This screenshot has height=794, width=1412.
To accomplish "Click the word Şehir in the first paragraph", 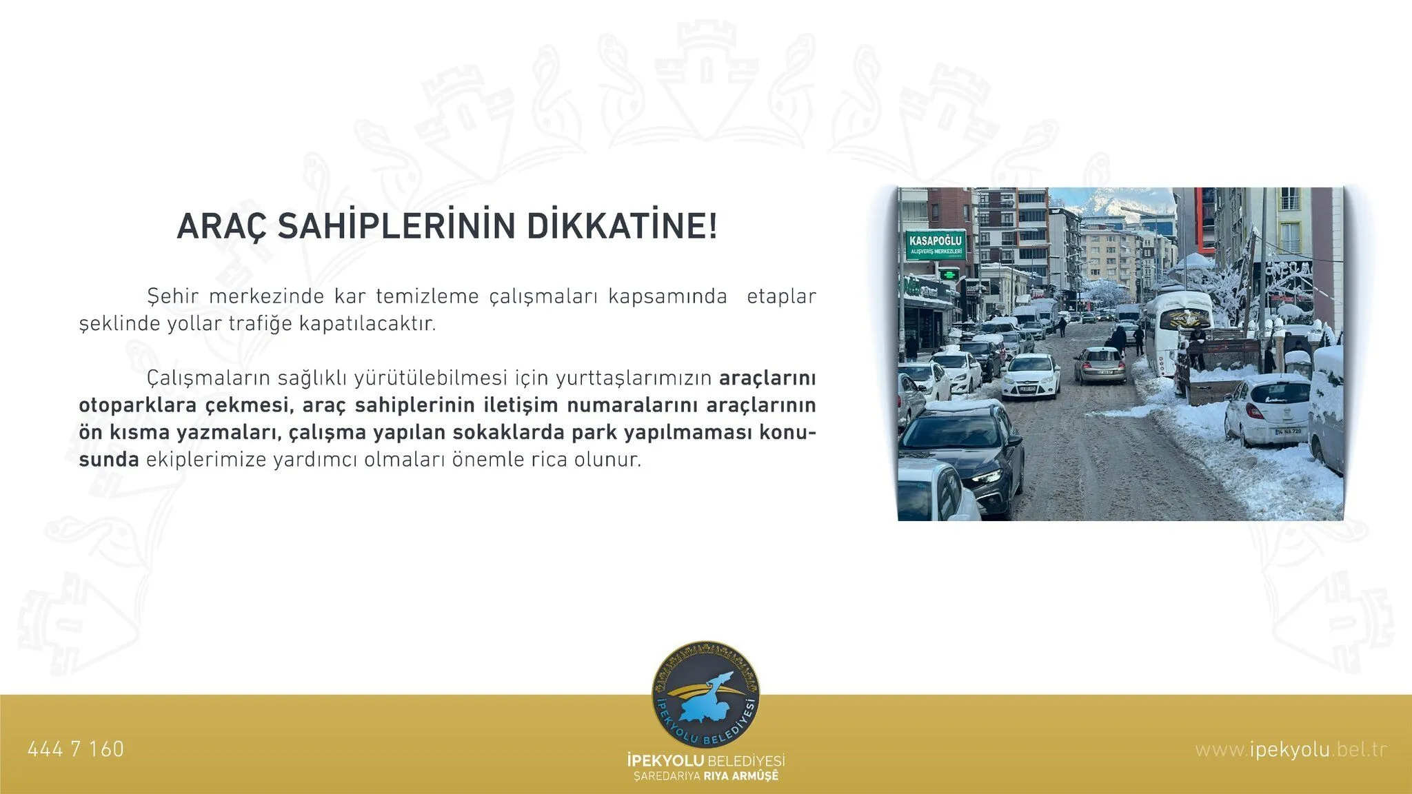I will click(x=172, y=296).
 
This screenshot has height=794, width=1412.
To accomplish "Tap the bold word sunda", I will click(x=109, y=460).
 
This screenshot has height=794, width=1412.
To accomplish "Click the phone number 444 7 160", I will click(x=76, y=749).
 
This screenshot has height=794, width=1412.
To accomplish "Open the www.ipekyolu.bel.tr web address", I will click(x=1291, y=749).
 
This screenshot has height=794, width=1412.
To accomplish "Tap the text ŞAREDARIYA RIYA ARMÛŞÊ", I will click(x=706, y=777).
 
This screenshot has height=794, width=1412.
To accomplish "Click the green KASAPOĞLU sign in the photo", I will click(x=935, y=244).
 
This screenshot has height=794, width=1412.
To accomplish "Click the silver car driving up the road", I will click(x=1100, y=365).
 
